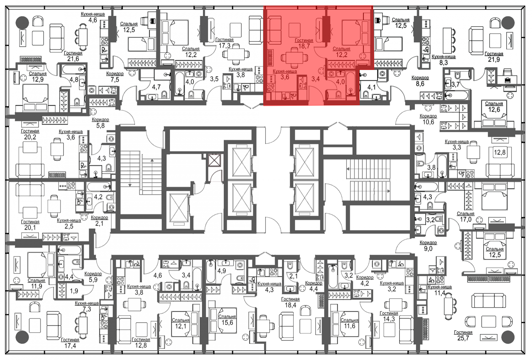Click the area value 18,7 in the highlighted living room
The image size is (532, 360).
click(x=304, y=46)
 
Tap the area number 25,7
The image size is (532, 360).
click(x=463, y=338)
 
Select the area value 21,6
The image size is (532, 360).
click(x=73, y=59)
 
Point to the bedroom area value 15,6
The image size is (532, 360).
click(x=227, y=323)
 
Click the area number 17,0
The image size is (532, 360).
click(x=466, y=219)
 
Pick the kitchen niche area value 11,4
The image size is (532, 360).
click(x=440, y=293)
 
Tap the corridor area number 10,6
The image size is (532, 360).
click(x=428, y=122)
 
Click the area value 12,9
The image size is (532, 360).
click(x=38, y=79)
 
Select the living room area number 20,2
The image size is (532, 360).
click(x=30, y=137)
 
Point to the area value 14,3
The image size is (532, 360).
click(x=389, y=319)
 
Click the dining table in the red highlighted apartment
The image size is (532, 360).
click(x=294, y=58)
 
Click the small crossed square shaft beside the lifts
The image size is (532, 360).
click(x=214, y=160)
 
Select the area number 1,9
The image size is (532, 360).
click(x=74, y=291)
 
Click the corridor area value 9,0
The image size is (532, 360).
click(x=428, y=249)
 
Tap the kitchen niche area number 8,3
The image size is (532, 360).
click(x=443, y=62)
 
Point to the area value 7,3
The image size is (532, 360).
click(x=87, y=309)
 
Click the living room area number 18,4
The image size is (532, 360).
click(x=290, y=305)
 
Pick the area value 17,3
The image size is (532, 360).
click(x=225, y=45)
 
